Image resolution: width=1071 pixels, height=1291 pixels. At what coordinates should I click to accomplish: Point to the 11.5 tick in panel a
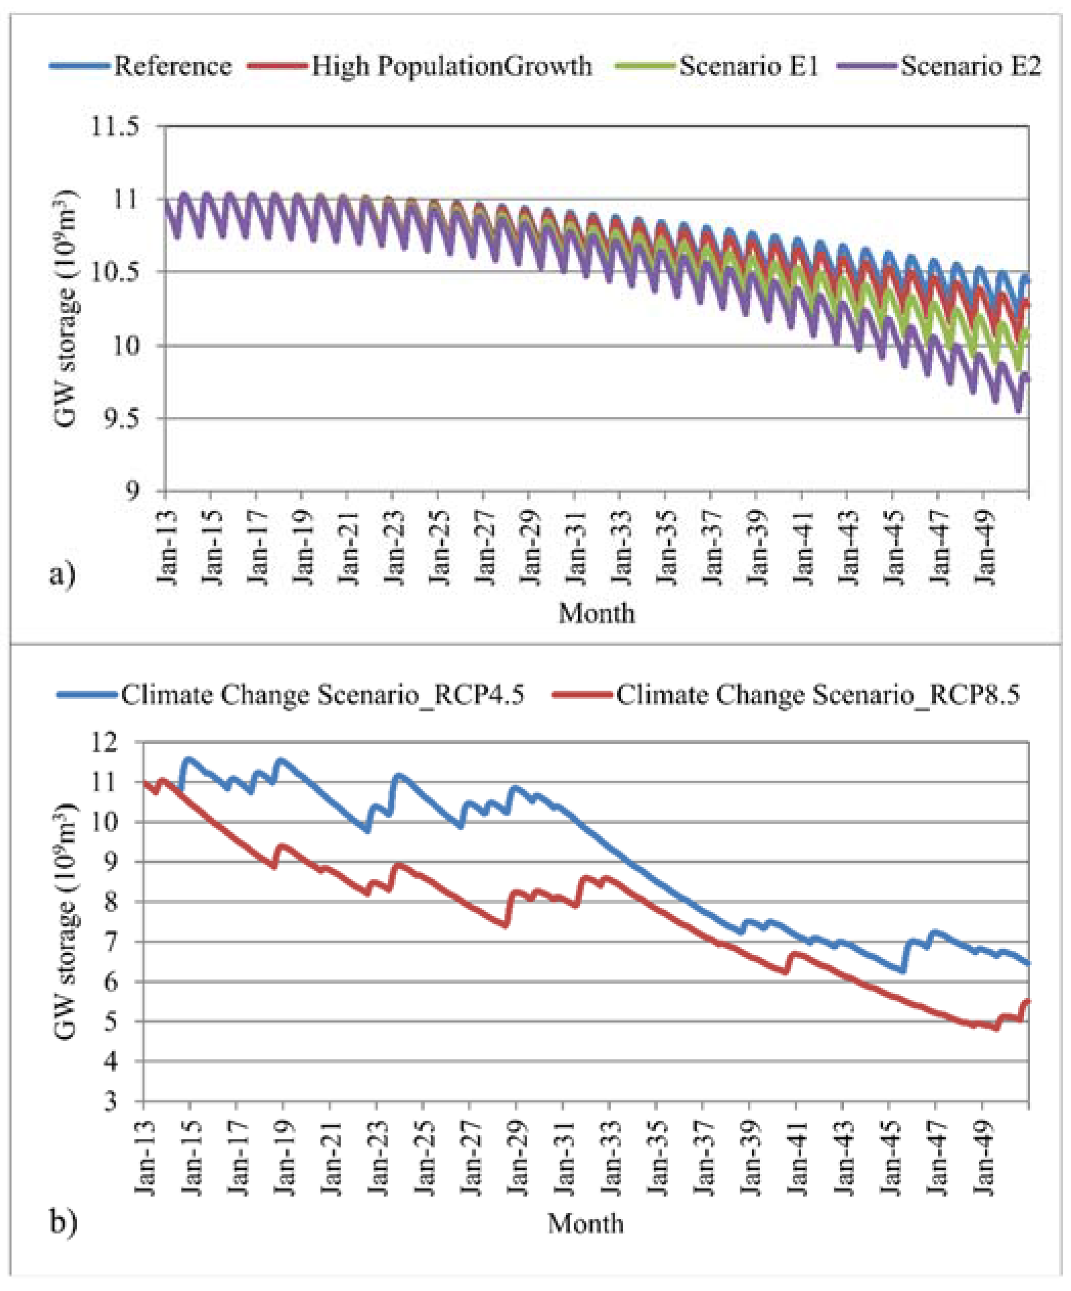pyautogui.click(x=115, y=127)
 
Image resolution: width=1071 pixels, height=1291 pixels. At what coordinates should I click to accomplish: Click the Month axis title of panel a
pyautogui.click(x=596, y=614)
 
